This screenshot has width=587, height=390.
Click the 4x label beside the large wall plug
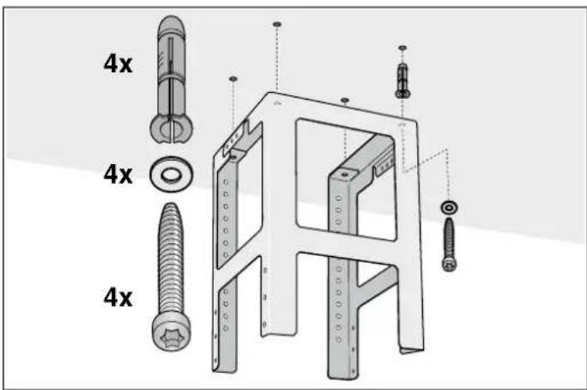[x=118, y=64]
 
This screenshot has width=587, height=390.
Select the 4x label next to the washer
[x=118, y=174]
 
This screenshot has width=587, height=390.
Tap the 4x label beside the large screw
[x=118, y=297]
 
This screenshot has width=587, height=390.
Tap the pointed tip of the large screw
[x=171, y=204]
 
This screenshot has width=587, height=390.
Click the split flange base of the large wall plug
[x=172, y=128]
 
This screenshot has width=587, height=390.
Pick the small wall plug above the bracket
[x=402, y=81]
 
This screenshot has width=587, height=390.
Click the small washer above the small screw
[x=449, y=208]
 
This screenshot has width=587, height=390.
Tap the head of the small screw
[x=449, y=264]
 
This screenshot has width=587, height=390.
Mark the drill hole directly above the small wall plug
[x=402, y=47]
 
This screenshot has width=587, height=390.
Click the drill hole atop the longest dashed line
[x=276, y=24]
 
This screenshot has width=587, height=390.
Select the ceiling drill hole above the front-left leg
[x=233, y=79]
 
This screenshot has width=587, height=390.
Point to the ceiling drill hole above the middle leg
[x=345, y=100]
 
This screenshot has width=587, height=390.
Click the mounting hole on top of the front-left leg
[x=233, y=158]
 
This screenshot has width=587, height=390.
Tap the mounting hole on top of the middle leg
[x=344, y=175]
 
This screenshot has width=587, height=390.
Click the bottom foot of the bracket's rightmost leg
[x=412, y=350]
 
